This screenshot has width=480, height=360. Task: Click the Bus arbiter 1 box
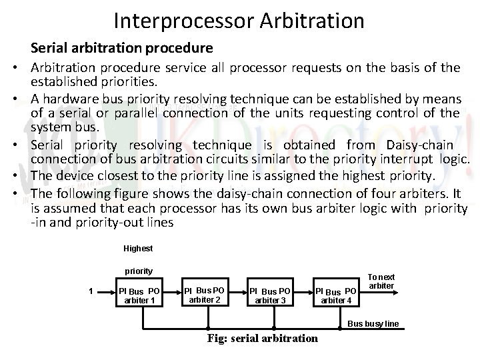pyautogui.click(x=139, y=295)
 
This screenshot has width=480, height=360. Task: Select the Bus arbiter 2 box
pyautogui.click(x=205, y=295)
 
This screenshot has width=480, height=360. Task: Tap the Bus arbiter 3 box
pyautogui.click(x=270, y=295)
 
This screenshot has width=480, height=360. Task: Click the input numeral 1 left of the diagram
pyautogui.click(x=91, y=291)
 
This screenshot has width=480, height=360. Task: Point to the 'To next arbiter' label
pyautogui.click(x=382, y=281)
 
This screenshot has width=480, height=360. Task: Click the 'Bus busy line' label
pyautogui.click(x=374, y=324)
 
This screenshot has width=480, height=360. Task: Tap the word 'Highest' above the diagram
pyautogui.click(x=138, y=249)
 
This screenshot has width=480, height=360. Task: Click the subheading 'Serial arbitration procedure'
pyautogui.click(x=121, y=49)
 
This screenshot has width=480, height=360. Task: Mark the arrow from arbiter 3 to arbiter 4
pyautogui.click(x=303, y=291)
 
